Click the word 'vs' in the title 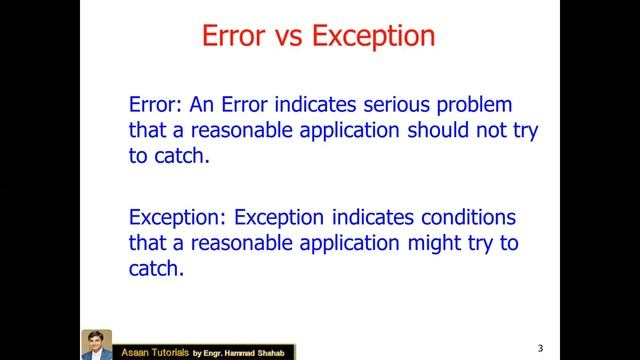tap(282, 37)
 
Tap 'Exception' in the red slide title tap(374, 37)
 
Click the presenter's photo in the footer tap(96, 344)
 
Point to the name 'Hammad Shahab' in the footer tap(264, 352)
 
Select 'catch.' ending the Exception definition tap(157, 269)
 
